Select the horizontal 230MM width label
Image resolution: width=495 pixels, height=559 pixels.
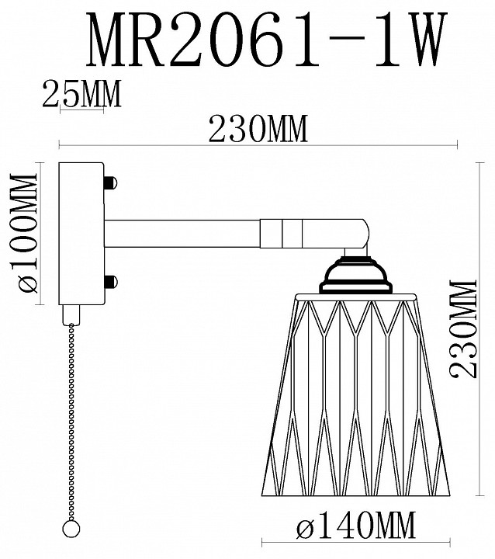257,130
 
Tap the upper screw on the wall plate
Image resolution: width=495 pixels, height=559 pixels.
109,184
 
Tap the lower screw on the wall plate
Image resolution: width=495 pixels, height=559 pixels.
109,280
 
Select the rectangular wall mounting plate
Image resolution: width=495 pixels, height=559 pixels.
81,233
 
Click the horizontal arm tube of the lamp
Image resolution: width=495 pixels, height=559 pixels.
182,232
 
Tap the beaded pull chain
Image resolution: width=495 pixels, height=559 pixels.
73,419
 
